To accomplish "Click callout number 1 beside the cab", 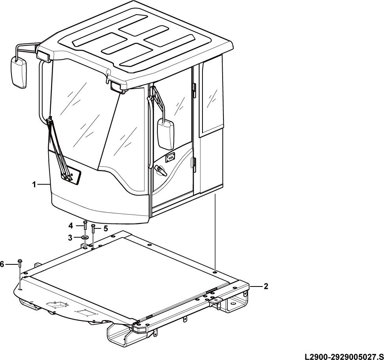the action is (x=34, y=185).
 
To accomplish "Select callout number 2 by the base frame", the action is (x=266, y=286).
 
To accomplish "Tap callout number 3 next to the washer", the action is (x=70, y=237).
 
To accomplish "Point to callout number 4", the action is (x=70, y=225).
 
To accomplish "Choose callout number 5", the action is (x=106, y=228).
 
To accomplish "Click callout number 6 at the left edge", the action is (x=2, y=264).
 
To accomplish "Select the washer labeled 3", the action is (x=85, y=237).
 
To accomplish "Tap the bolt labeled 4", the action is (x=85, y=225).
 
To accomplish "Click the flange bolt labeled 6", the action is (x=20, y=264).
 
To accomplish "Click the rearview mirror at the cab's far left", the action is (x=18, y=72).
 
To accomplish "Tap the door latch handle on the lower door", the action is (x=161, y=170).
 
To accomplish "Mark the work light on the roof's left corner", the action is (x=44, y=56).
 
